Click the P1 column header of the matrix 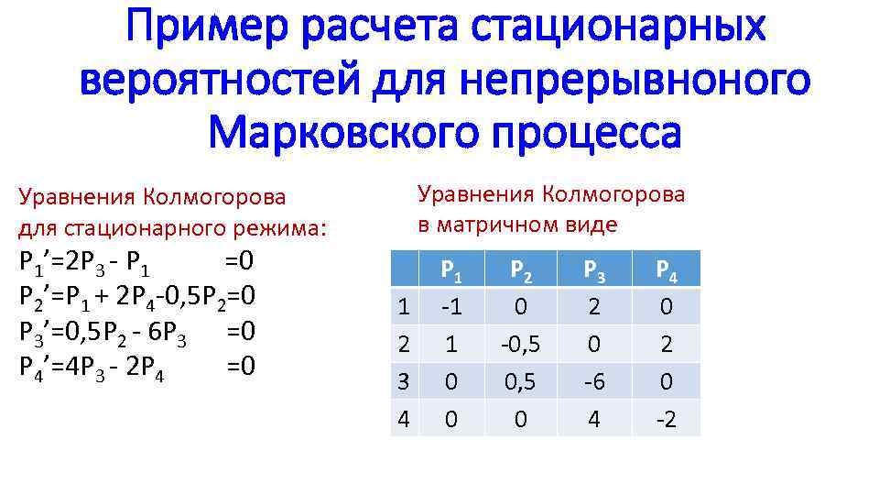coord(450,270)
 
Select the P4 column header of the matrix coord(666,270)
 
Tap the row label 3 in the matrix coord(404,380)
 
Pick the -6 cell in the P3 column coord(594,380)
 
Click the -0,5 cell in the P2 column coord(521,344)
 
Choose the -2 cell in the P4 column coord(666,418)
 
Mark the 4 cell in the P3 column coord(594,418)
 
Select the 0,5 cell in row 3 coord(521,380)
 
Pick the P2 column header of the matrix coord(521,270)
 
